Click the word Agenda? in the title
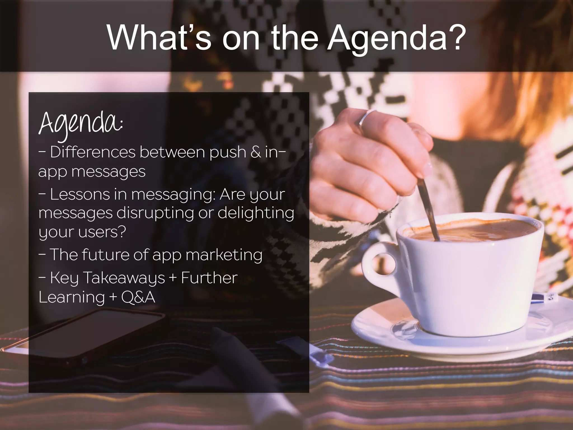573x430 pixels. [x=397, y=38]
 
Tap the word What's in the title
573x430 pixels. [x=159, y=38]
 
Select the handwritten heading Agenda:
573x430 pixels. [x=81, y=124]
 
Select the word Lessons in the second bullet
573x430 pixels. [x=80, y=194]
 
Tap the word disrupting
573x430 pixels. [x=155, y=213]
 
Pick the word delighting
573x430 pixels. [x=256, y=213]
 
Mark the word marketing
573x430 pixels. [x=224, y=255]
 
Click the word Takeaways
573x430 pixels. [x=124, y=278]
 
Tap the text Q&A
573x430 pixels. [x=138, y=297]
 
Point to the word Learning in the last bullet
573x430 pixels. [x=72, y=298]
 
